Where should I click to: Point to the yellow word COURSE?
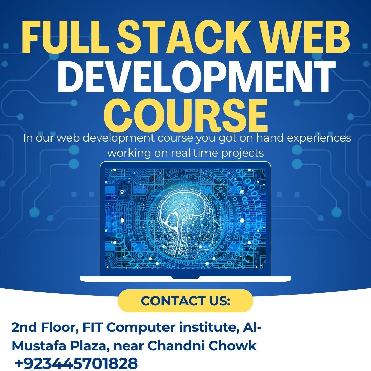186,113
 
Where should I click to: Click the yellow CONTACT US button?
185,301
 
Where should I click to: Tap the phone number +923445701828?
76,363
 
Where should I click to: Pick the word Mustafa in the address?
40,346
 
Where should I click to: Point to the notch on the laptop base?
185,277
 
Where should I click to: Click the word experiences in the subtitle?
318,138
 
